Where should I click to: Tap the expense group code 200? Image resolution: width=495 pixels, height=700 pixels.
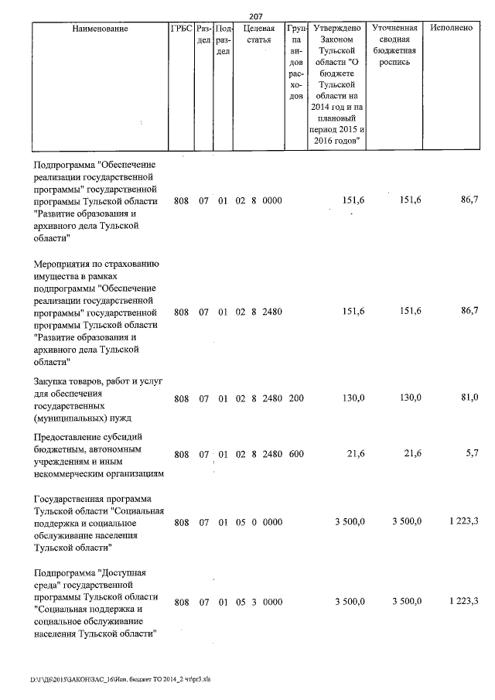pyautogui.click(x=295, y=398)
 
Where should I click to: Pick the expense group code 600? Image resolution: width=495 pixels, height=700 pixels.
pyautogui.click(x=295, y=455)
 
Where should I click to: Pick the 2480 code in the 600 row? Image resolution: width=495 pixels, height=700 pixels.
pyautogui.click(x=271, y=455)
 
